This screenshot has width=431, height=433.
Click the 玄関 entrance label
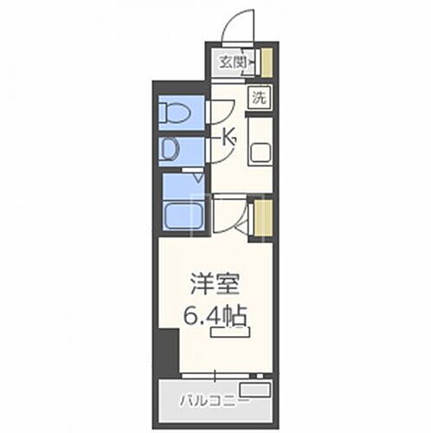click(229, 62)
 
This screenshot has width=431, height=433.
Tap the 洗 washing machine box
click(259, 97)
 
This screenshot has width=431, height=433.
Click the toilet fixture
click(174, 112)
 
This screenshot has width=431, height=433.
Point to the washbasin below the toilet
click(170, 150)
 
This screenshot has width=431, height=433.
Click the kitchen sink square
click(261, 153)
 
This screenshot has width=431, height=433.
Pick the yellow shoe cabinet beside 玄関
click(267, 61)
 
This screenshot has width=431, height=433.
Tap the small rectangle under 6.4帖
click(235, 329)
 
